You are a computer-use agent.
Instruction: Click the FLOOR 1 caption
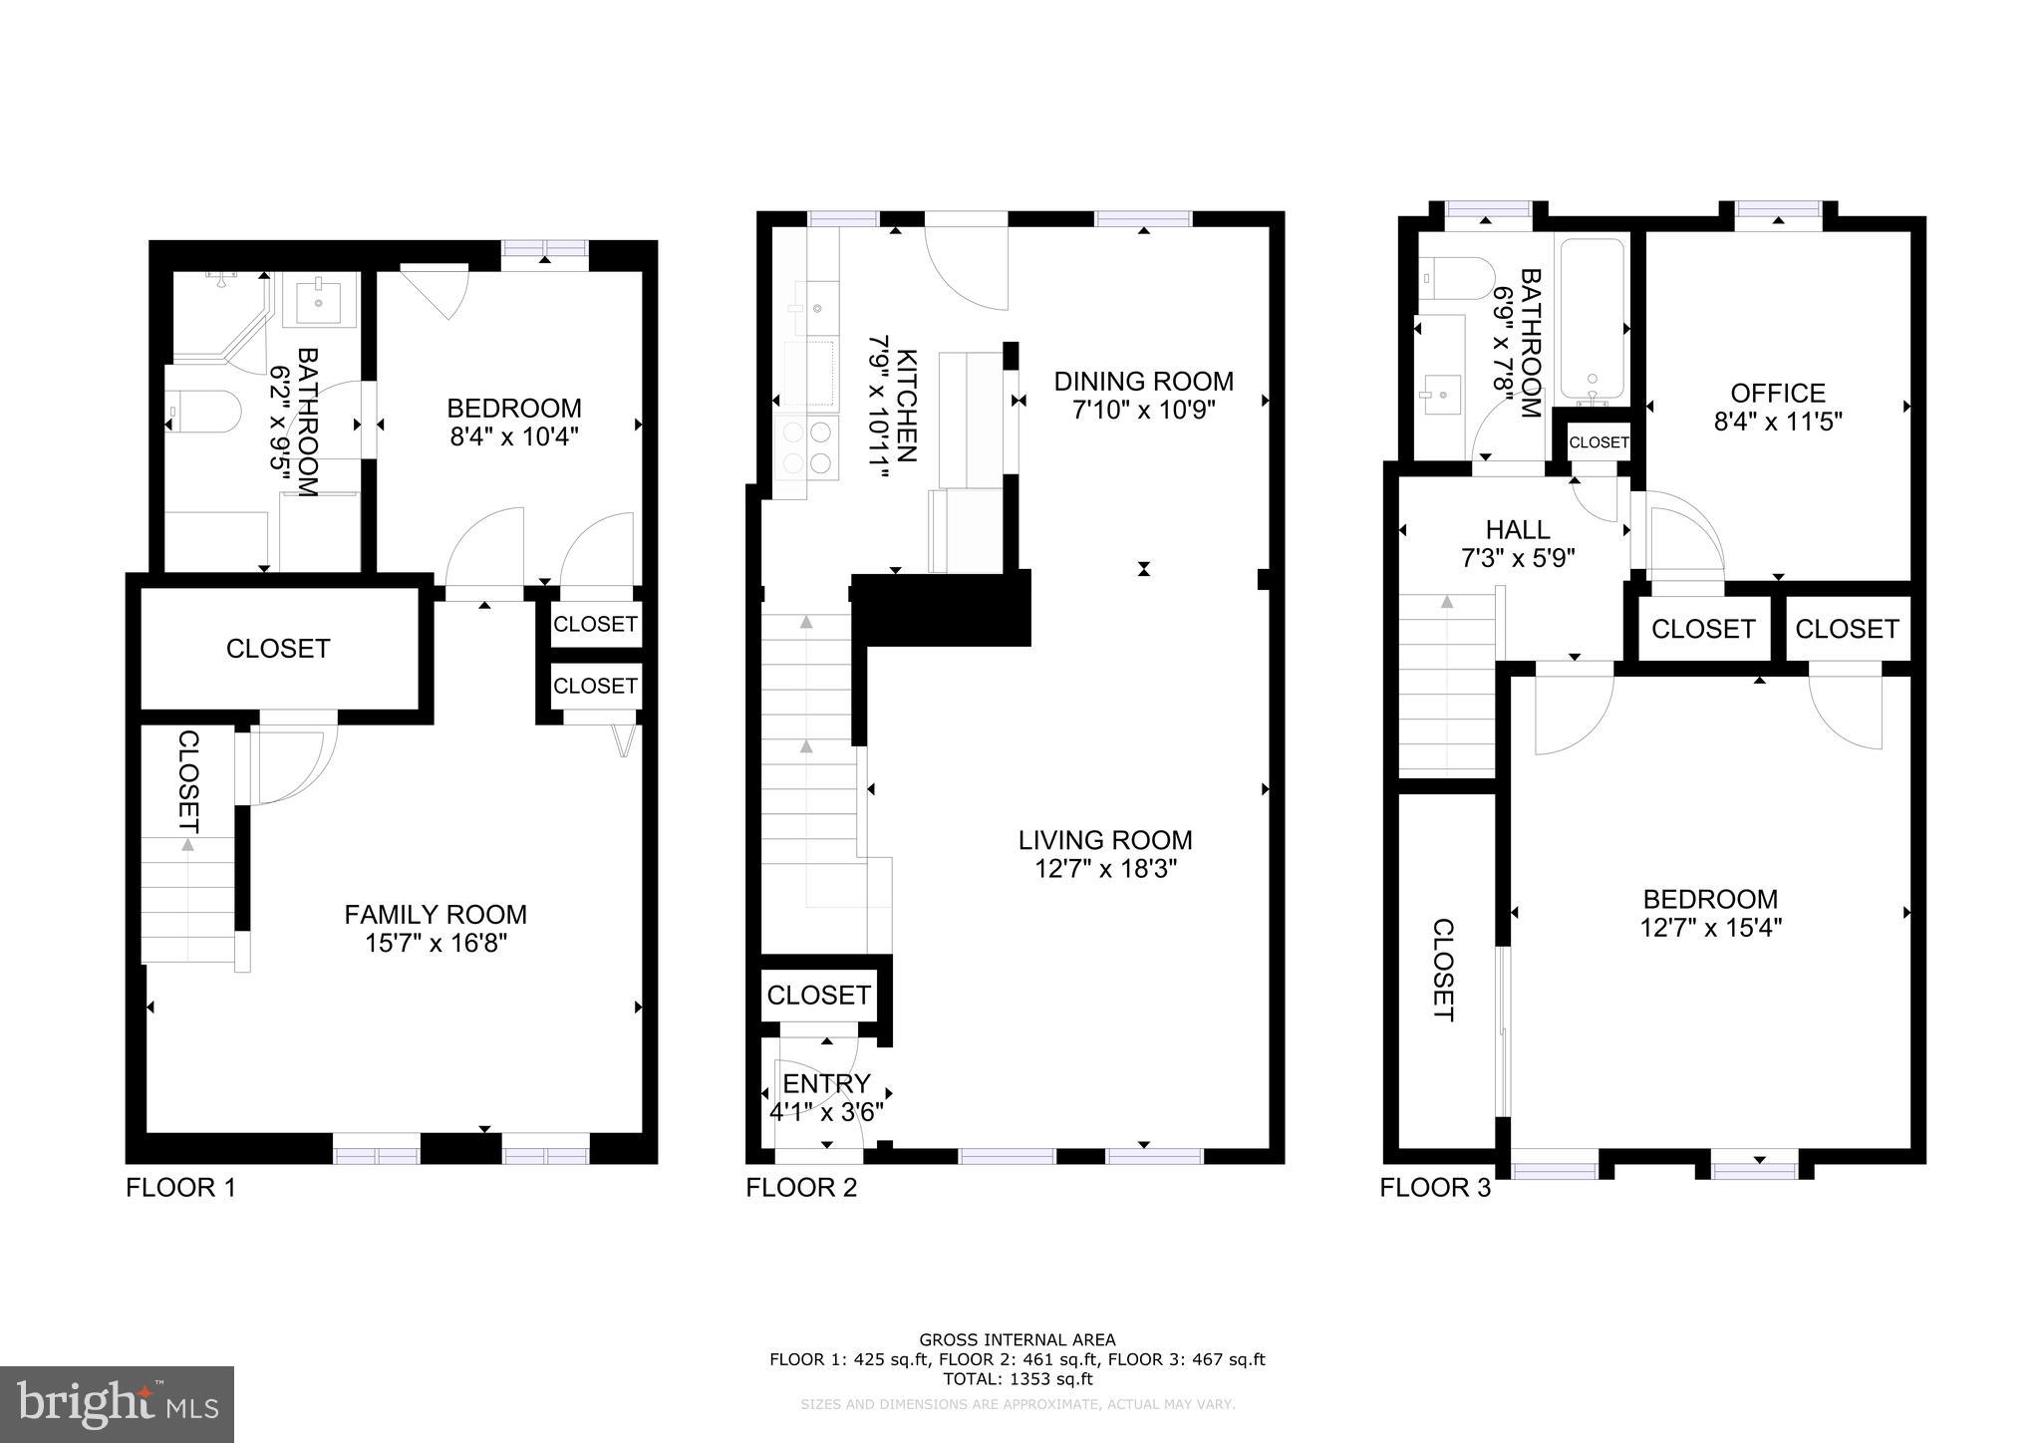tap(180, 1188)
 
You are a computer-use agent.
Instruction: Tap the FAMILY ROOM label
tap(436, 914)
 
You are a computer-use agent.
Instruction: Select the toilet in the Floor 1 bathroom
tap(203, 412)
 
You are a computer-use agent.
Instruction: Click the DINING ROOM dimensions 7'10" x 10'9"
tap(1144, 410)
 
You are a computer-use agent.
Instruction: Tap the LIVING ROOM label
tap(1105, 840)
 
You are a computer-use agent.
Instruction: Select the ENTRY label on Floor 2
tap(826, 1083)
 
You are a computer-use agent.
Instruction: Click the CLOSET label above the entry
tap(818, 995)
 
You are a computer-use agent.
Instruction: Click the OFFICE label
tap(1778, 393)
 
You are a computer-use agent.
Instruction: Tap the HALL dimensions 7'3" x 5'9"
tap(1517, 558)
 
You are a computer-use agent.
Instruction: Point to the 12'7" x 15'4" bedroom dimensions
tap(1710, 928)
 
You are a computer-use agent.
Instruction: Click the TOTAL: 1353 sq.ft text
tap(1017, 1379)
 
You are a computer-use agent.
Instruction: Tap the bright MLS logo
tap(117, 1405)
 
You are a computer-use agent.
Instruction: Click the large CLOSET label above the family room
tap(277, 649)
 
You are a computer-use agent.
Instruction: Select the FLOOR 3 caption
tap(1435, 1188)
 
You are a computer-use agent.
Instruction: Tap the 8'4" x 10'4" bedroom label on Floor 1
tap(514, 436)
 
